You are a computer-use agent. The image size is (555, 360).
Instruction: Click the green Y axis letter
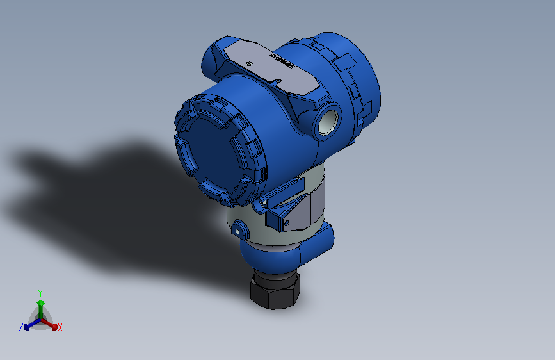click(40, 292)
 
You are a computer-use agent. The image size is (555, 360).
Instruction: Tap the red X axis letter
click(60, 327)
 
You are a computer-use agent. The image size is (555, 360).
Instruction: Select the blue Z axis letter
click(21, 327)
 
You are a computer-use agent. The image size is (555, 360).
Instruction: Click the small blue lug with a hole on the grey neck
click(240, 228)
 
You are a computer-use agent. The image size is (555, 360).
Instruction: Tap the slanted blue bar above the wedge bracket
click(286, 190)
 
